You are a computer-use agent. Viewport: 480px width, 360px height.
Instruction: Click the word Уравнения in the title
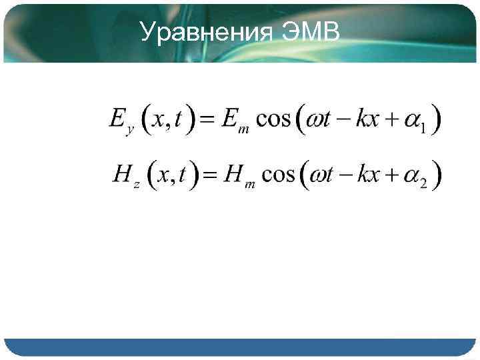207,31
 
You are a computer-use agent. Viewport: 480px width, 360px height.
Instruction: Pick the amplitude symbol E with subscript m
235,121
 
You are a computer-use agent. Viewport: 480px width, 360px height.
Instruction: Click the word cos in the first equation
273,120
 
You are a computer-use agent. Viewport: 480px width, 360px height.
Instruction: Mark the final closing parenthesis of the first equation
435,121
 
